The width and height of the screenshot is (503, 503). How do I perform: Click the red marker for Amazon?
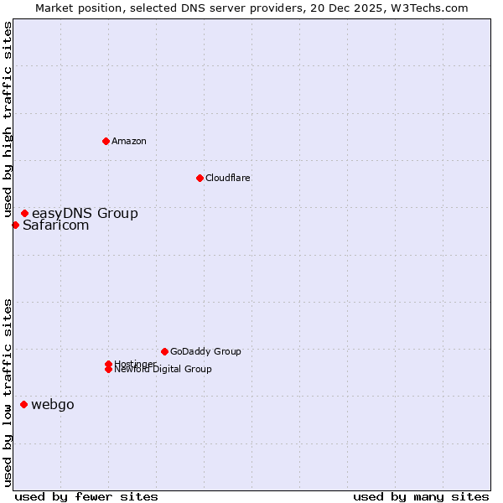click(x=106, y=141)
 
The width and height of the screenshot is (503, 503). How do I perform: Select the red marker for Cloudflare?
click(x=200, y=178)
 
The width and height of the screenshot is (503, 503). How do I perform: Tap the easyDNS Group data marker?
click(x=24, y=214)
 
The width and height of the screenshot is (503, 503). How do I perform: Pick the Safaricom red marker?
click(x=15, y=225)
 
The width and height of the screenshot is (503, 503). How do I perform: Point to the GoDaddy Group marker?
click(x=164, y=351)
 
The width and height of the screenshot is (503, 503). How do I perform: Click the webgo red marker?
click(x=23, y=405)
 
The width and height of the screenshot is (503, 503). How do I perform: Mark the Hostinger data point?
click(x=108, y=364)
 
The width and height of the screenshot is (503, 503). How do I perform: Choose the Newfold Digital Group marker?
click(x=108, y=370)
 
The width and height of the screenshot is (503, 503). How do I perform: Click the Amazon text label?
click(x=129, y=141)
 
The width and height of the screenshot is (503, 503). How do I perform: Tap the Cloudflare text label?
click(x=228, y=178)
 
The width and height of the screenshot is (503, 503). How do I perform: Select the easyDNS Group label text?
click(x=85, y=214)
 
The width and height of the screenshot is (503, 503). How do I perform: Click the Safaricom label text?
click(x=55, y=225)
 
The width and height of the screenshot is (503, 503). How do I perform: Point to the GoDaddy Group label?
click(x=205, y=351)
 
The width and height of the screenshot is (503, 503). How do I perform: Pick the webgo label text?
click(x=53, y=405)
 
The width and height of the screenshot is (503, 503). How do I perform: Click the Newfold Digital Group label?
click(x=163, y=370)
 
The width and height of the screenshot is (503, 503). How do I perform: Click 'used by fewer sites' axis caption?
click(x=86, y=496)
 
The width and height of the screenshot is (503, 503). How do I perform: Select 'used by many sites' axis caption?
click(x=421, y=496)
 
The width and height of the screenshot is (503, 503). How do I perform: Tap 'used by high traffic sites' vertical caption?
click(x=8, y=120)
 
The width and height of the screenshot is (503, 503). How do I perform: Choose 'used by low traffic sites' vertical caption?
click(x=8, y=392)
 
